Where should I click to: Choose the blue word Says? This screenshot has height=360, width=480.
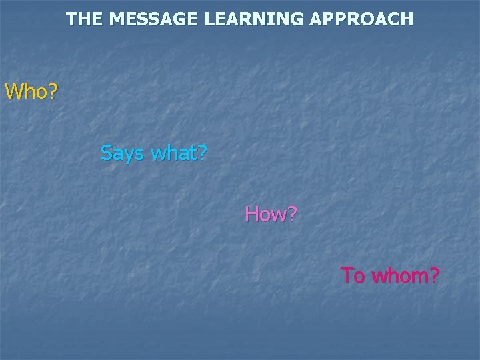pos(123,153)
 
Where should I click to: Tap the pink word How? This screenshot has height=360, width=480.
pos(266,214)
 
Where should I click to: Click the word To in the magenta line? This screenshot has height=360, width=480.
pos(353,275)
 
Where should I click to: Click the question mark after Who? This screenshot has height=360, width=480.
pos(52,91)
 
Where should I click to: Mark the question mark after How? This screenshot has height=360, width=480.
pos(293,214)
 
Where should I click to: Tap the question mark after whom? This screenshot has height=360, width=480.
pos(434,275)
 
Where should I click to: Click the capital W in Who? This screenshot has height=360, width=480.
pos(13,91)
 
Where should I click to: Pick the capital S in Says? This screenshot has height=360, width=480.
pos(107,153)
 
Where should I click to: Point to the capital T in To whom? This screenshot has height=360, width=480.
pos(347,275)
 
